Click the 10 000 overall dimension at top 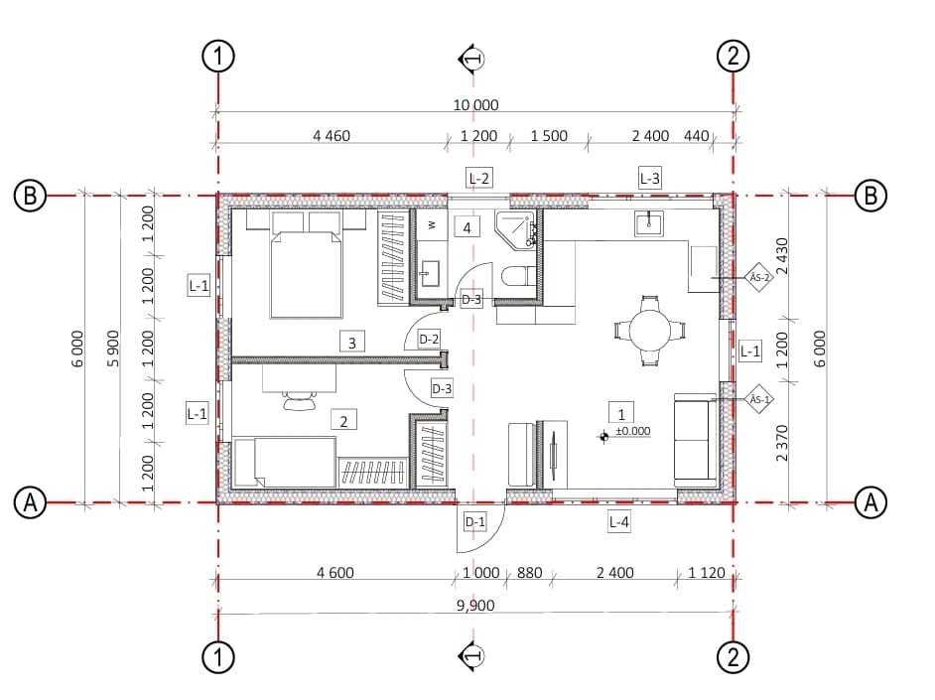pos(475,105)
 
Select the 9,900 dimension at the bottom pos(475,606)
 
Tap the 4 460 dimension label pos(332,136)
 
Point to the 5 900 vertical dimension pos(113,349)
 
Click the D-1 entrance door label pos(474,522)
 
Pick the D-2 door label pos(429,340)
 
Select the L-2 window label pos(478,178)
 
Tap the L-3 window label pos(649,178)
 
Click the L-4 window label pos(619,522)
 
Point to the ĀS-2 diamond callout pos(759,277)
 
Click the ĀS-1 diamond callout pos(759,399)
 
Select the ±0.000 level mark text pos(632,431)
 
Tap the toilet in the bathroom pos(519,276)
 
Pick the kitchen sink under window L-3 pos(649,223)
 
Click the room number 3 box pos(351,343)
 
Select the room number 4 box pos(467,227)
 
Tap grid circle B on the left pos(30,195)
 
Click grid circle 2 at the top pos(733,56)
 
